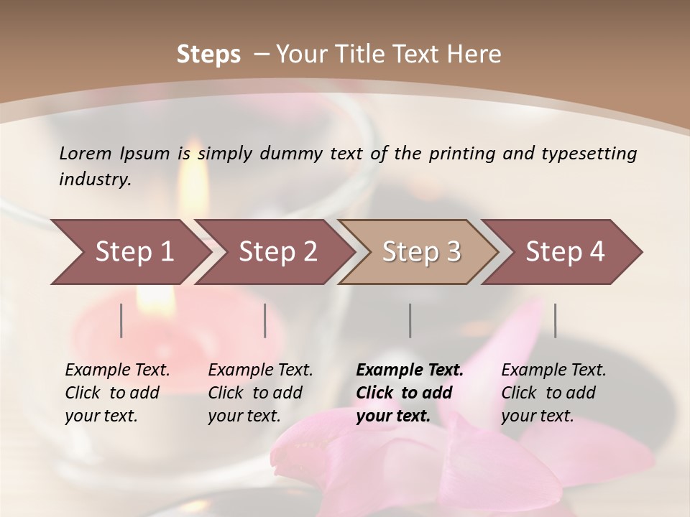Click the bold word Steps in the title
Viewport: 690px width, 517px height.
point(208,55)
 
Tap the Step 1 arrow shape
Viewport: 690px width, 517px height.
point(129,252)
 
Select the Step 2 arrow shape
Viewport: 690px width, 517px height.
point(277,252)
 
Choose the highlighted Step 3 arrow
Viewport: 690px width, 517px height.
point(420,252)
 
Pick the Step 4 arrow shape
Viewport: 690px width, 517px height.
point(565,252)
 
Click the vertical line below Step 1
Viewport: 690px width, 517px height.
point(121,320)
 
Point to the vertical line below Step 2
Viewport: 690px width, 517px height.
point(265,320)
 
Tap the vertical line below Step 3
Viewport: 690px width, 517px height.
point(410,320)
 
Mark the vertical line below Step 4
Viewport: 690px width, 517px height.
point(556,320)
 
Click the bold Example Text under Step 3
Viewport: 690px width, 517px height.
point(410,371)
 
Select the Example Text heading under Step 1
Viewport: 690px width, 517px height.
point(117,371)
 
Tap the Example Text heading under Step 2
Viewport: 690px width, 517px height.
point(260,371)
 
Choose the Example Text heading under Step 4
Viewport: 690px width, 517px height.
point(553,371)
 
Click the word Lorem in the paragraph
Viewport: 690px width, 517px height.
point(86,154)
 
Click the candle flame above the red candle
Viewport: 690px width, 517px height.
point(193,172)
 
